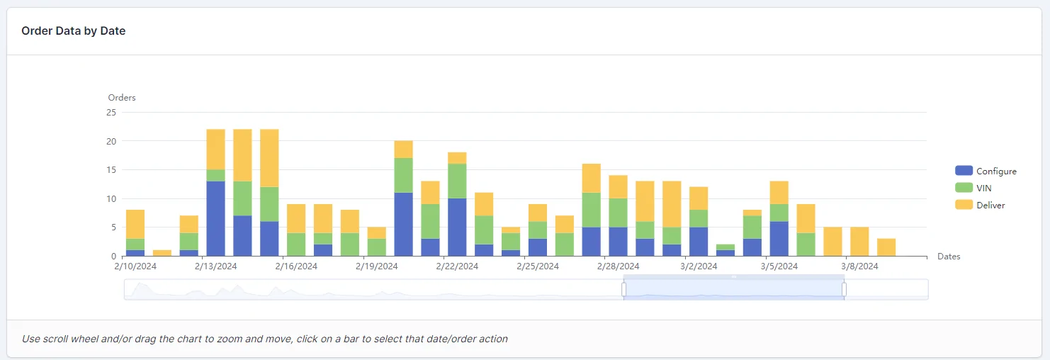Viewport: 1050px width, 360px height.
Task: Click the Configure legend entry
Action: tap(986, 171)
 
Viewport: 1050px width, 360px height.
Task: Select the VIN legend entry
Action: tap(973, 188)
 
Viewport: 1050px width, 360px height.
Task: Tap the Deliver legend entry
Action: tap(980, 205)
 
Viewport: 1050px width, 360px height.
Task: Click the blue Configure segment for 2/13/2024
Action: tap(215, 218)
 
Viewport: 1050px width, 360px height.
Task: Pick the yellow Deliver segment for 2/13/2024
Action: tap(215, 150)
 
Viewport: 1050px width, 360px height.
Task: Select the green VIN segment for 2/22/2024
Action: tap(457, 181)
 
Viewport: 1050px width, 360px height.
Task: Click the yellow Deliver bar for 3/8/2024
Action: tap(859, 242)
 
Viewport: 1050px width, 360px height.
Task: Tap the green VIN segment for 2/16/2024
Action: tap(296, 244)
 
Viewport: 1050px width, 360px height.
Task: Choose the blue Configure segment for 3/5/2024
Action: tap(779, 239)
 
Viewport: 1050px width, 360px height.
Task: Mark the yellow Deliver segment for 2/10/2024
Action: tap(135, 224)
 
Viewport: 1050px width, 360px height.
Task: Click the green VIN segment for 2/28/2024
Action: tap(619, 213)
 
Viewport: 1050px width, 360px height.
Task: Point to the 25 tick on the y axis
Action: tap(111, 113)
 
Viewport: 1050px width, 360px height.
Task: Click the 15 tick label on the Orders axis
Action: tap(111, 169)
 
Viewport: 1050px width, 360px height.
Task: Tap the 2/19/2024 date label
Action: tap(376, 266)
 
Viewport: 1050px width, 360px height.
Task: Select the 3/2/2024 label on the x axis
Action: tap(699, 266)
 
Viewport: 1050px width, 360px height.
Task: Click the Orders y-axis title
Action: tap(122, 98)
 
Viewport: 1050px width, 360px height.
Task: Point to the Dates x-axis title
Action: tap(949, 257)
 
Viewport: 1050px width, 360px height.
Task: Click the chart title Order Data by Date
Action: tap(74, 31)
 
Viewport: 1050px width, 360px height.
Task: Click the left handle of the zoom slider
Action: tap(624, 290)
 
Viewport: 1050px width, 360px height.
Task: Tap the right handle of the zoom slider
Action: tap(845, 290)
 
